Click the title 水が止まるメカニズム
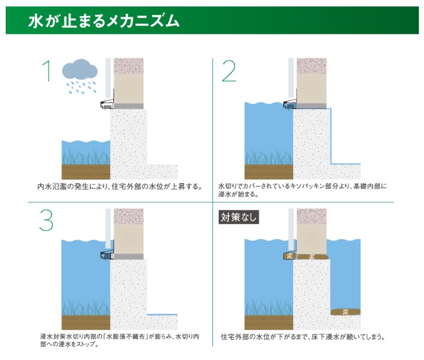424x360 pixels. pyautogui.click(x=104, y=21)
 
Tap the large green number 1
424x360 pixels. pyautogui.click(x=47, y=71)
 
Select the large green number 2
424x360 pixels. pyautogui.click(x=229, y=71)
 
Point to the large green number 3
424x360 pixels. pyautogui.click(x=46, y=221)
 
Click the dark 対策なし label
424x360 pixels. pyautogui.click(x=239, y=217)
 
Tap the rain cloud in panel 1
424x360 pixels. pyautogui.click(x=80, y=69)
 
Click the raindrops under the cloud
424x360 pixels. pyautogui.click(x=81, y=87)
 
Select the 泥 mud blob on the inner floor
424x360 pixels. pyautogui.click(x=345, y=312)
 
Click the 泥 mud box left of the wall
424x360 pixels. pyautogui.click(x=289, y=256)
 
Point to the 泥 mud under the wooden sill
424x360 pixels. pyautogui.click(x=312, y=257)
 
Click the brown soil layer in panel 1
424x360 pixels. pyautogui.click(x=86, y=172)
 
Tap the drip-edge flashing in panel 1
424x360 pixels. pyautogui.click(x=107, y=104)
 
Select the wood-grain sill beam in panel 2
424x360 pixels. pyautogui.click(x=311, y=88)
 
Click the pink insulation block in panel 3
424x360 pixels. pyautogui.click(x=129, y=216)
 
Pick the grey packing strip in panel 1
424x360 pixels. pyautogui.click(x=129, y=106)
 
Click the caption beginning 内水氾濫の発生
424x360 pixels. pyautogui.click(x=120, y=187)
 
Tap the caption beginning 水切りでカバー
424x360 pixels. pyautogui.click(x=302, y=190)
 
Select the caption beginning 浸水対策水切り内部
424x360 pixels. pyautogui.click(x=119, y=340)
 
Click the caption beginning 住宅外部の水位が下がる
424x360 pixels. pyautogui.click(x=303, y=337)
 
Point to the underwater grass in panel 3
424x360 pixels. pyautogui.click(x=86, y=307)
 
